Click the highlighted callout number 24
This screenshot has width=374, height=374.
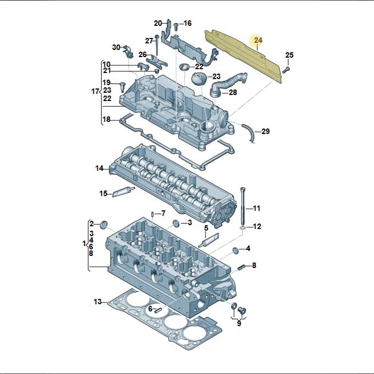[258, 40]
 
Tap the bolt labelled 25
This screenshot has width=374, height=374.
[286, 70]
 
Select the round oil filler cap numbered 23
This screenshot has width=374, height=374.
[199, 77]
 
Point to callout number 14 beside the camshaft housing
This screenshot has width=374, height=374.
[99, 169]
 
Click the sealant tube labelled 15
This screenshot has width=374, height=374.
[124, 191]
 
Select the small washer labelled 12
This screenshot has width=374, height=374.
[242, 228]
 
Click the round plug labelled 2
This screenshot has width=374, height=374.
[104, 225]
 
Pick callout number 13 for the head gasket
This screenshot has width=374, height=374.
[98, 302]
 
